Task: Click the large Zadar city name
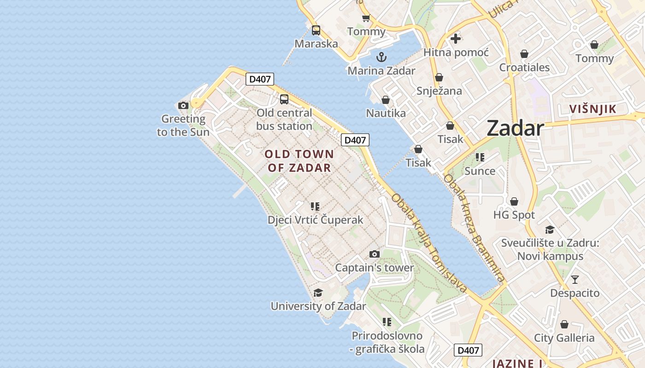pyautogui.click(x=515, y=128)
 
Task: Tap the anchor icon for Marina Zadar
pyautogui.click(x=381, y=57)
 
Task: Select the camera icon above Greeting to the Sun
pyautogui.click(x=183, y=105)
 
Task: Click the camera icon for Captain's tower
pyautogui.click(x=375, y=254)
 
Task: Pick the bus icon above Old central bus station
pyautogui.click(x=284, y=99)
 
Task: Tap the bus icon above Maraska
pyautogui.click(x=316, y=30)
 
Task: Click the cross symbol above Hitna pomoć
pyautogui.click(x=456, y=39)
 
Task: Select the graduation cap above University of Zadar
pyautogui.click(x=318, y=293)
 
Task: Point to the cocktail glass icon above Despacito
pyautogui.click(x=575, y=279)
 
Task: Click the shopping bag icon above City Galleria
pyautogui.click(x=564, y=324)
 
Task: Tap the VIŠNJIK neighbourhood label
pyautogui.click(x=592, y=109)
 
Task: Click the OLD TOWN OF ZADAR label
pyautogui.click(x=299, y=161)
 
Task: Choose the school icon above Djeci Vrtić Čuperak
pyautogui.click(x=315, y=206)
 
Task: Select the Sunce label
pyautogui.click(x=480, y=171)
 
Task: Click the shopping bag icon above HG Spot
pyautogui.click(x=514, y=201)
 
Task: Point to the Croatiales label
pyautogui.click(x=524, y=68)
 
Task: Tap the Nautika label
pyautogui.click(x=386, y=113)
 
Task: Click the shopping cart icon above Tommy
pyautogui.click(x=366, y=18)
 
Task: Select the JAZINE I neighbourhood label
pyautogui.click(x=517, y=363)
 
